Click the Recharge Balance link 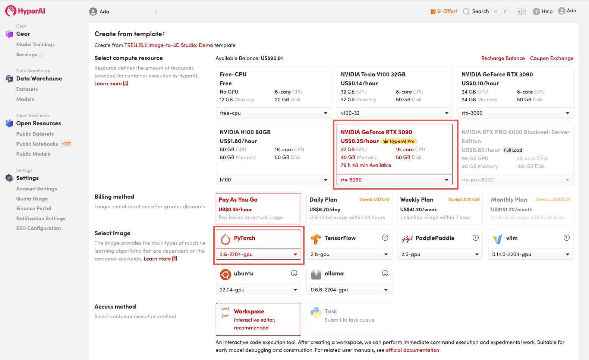point(503,58)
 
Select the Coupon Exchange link point(552,58)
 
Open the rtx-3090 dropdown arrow point(567,113)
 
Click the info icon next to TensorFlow point(385,238)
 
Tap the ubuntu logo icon point(225,274)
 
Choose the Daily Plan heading point(323,199)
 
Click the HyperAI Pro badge point(399,141)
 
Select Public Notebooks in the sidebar point(37,144)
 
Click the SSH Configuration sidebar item point(38,228)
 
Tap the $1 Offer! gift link point(444,11)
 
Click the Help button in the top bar point(543,11)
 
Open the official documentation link point(412,350)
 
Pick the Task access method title point(331,312)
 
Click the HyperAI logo point(25,11)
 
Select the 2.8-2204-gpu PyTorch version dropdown point(258,255)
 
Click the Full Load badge point(513,150)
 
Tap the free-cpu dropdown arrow point(325,113)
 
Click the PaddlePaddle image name point(435,238)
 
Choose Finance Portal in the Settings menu point(34,208)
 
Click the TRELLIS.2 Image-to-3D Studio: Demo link point(168,45)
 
